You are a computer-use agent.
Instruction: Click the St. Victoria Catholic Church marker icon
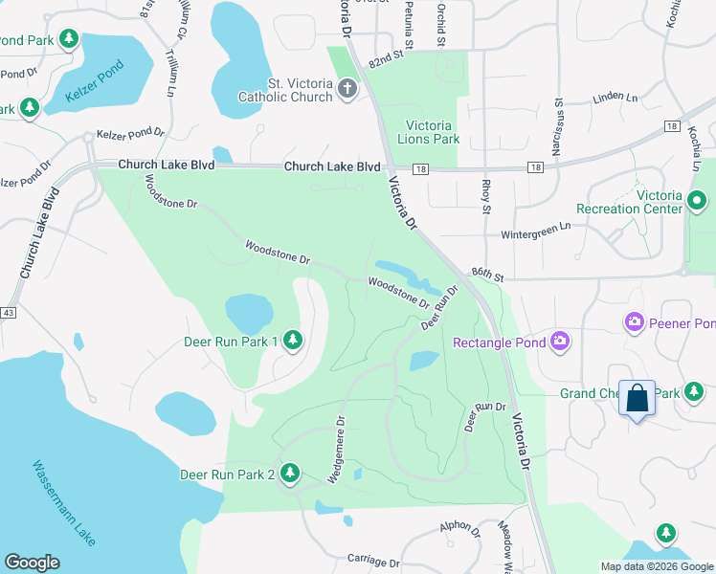[347, 89]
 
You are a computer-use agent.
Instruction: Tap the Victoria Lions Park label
[433, 132]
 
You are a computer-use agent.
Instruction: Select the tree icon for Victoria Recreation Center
[697, 202]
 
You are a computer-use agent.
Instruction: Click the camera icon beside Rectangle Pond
[560, 342]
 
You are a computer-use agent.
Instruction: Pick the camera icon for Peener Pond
[634, 322]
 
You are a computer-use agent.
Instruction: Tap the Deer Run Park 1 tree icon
[293, 341]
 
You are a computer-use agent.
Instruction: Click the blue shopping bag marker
[638, 398]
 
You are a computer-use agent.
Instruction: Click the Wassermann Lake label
[64, 503]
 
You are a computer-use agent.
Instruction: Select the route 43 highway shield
[9, 313]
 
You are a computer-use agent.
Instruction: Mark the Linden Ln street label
[615, 98]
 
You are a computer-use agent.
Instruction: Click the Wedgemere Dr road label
[336, 448]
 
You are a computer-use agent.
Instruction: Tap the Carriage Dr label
[372, 561]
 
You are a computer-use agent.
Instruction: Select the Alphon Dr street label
[460, 527]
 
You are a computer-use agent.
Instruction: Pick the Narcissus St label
[556, 126]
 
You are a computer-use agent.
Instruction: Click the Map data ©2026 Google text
[657, 566]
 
